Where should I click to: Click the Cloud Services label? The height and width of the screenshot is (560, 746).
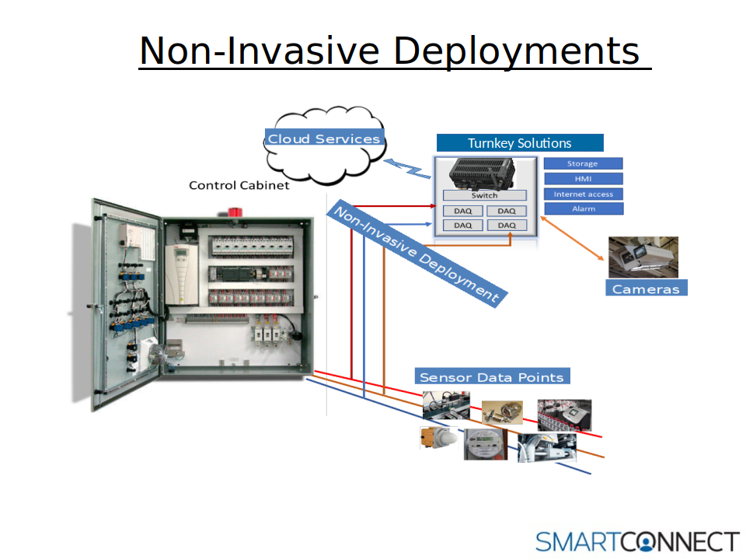click(325, 138)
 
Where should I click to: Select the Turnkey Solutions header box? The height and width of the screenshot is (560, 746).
click(520, 143)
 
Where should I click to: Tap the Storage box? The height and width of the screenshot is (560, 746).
click(584, 163)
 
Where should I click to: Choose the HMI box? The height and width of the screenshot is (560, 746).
click(584, 179)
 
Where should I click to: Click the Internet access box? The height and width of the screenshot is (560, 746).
click(584, 194)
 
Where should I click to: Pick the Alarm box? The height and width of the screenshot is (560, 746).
click(584, 208)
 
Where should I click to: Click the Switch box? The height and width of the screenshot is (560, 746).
click(484, 195)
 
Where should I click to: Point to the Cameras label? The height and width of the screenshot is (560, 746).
click(646, 288)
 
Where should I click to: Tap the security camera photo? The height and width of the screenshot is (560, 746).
click(643, 257)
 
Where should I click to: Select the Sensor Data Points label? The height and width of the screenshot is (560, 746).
click(492, 376)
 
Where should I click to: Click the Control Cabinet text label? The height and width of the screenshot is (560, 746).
click(239, 185)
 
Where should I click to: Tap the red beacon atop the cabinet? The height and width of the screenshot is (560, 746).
click(235, 212)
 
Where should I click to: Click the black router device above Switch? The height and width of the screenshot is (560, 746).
click(482, 173)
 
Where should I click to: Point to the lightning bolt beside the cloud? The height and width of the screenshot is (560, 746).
click(406, 168)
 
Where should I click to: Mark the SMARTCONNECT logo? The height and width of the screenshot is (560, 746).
click(637, 542)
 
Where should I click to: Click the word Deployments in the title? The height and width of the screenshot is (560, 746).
click(517, 51)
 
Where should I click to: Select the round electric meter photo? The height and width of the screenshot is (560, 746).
click(485, 444)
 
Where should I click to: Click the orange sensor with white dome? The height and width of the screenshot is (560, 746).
click(438, 438)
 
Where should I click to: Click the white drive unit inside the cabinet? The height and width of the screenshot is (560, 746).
click(181, 275)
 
